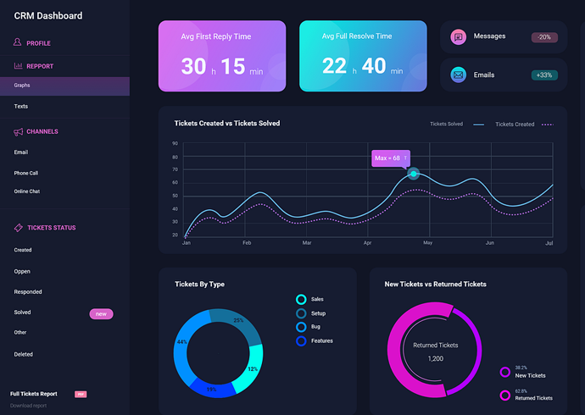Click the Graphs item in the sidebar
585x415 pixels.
click(22, 86)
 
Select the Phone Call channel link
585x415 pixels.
click(26, 173)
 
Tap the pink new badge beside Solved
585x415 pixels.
click(101, 314)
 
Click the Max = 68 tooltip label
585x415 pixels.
click(390, 158)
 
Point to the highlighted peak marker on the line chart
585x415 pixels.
click(414, 174)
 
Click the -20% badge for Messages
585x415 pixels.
click(544, 37)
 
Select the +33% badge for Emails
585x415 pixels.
click(544, 75)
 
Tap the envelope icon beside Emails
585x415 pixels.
click(459, 75)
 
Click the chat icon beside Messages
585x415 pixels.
click(459, 36)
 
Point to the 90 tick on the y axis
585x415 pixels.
click(175, 144)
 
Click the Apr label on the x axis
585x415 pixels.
click(368, 243)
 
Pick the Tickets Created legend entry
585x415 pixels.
click(515, 125)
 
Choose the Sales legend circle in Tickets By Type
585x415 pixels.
click(301, 299)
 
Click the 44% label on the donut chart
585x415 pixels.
click(181, 342)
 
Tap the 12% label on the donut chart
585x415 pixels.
click(252, 369)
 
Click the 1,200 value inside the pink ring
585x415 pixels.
click(435, 358)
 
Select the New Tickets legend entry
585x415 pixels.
click(530, 375)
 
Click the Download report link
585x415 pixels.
click(28, 406)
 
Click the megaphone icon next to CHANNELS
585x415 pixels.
click(19, 132)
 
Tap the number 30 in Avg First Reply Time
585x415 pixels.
click(194, 66)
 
